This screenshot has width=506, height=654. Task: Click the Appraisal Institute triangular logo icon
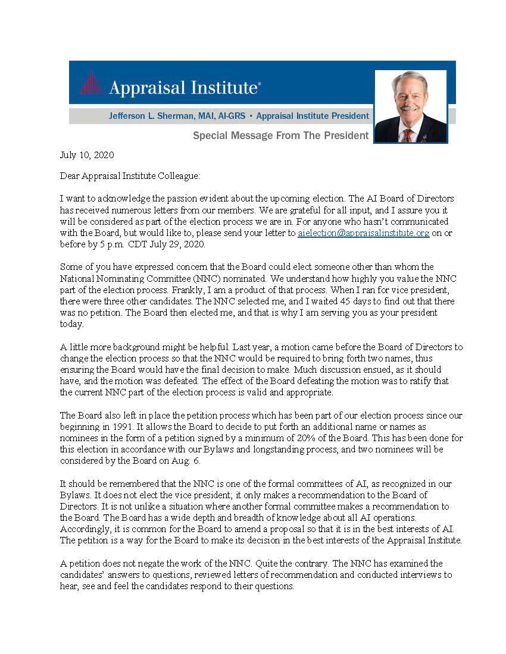click(x=91, y=83)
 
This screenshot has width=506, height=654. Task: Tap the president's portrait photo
click(x=410, y=106)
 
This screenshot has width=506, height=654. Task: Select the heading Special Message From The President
click(x=280, y=136)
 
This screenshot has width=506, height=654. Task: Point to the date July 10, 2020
click(x=87, y=155)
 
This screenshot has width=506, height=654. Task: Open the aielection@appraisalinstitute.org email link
click(x=363, y=233)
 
